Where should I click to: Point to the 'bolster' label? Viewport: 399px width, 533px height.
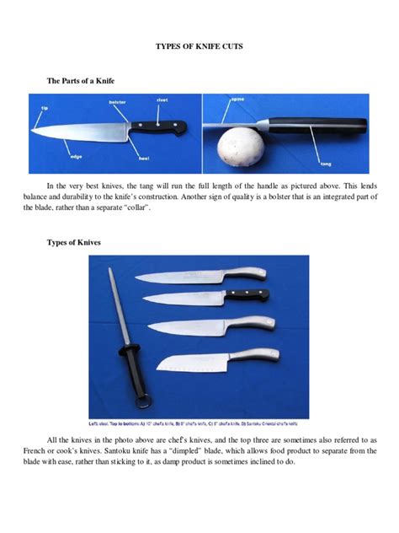[x=117, y=102]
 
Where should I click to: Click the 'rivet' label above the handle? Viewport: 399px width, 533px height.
[x=162, y=100]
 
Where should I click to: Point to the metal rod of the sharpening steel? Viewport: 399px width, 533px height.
[x=115, y=304]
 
